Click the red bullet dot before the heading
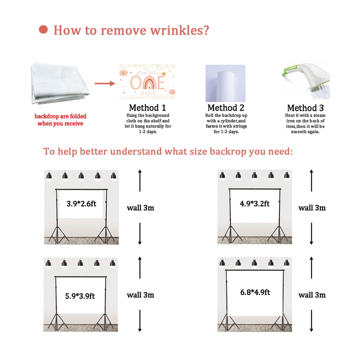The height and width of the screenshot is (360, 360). tap(43, 30)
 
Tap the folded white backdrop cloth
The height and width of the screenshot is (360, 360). tap(60, 83)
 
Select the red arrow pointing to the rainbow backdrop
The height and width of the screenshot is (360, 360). tap(105, 83)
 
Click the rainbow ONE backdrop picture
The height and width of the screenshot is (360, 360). tap(147, 82)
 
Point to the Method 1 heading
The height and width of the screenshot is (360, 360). tap(147, 108)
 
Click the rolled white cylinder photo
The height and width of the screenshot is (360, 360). tap(225, 83)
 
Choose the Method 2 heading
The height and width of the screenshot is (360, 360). tap(226, 108)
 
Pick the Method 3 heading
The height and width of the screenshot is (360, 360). tap(306, 108)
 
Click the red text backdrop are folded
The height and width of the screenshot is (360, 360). tap(60, 116)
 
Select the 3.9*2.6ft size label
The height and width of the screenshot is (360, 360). tap(81, 204)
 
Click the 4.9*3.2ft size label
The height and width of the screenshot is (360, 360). tap(255, 204)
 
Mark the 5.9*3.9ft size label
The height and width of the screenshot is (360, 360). tap(80, 296)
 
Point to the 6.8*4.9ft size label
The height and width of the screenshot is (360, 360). tap(255, 292)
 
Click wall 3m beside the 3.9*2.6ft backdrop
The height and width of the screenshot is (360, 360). tap(141, 208)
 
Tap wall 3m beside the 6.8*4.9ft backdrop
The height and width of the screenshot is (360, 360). tap(312, 295)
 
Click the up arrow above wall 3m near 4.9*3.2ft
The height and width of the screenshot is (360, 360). tap(311, 180)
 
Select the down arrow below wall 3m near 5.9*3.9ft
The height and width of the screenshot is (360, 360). tap(140, 321)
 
